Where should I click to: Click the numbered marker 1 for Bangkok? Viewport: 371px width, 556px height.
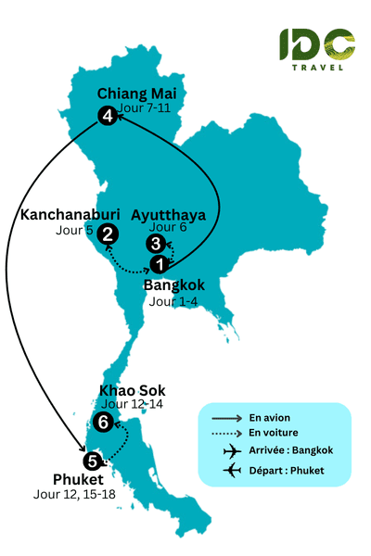point(160,264)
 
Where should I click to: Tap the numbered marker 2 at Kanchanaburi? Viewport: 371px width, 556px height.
point(108,235)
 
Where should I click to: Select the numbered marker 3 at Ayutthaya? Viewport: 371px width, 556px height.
point(156,244)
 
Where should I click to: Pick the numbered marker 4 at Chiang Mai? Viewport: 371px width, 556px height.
point(108,116)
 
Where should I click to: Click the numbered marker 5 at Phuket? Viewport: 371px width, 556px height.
point(91,461)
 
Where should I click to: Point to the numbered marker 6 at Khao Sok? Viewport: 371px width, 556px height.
point(104,422)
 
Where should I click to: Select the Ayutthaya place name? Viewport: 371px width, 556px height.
point(169,215)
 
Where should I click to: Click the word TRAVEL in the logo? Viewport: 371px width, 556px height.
point(317,66)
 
